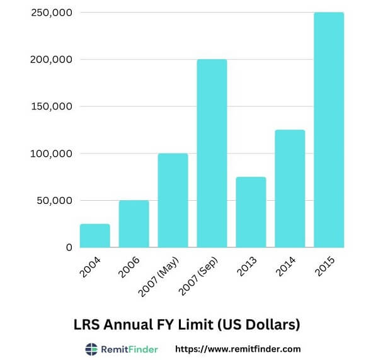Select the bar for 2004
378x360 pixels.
click(x=94, y=235)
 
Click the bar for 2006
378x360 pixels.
click(x=134, y=223)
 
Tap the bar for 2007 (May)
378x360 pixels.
click(x=173, y=200)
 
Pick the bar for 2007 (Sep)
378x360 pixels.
click(x=212, y=153)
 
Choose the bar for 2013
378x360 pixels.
click(x=251, y=212)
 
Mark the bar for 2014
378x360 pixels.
click(x=290, y=188)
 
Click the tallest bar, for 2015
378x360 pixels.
click(x=329, y=130)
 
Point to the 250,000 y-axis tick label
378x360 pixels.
click(x=51, y=13)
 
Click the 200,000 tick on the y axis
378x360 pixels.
click(x=51, y=60)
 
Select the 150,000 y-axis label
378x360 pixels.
click(x=51, y=106)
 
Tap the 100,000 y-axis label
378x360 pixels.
click(x=51, y=154)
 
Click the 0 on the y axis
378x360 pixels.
click(x=69, y=247)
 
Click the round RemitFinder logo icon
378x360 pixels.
click(x=91, y=349)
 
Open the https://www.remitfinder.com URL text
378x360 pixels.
click(x=238, y=349)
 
